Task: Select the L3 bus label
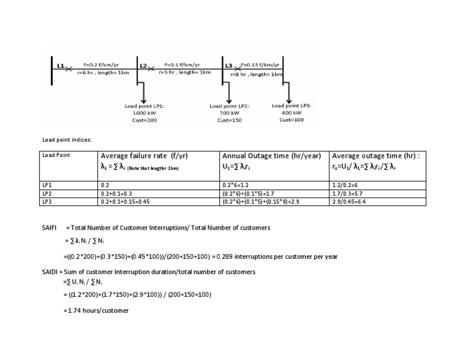coord(228,64)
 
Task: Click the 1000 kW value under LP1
coord(143,113)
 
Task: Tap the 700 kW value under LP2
coord(229,113)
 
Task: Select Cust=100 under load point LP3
coord(292,120)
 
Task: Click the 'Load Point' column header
coord(56,155)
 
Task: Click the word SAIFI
coord(50,227)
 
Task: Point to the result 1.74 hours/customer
coord(97,311)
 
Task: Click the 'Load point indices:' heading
coord(67,140)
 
